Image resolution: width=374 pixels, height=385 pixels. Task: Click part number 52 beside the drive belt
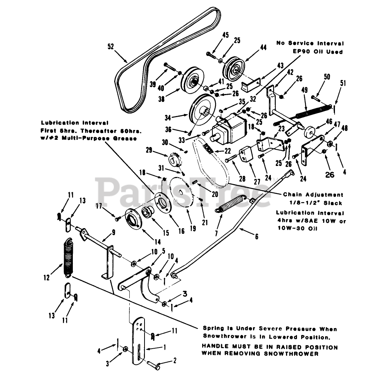[111, 46]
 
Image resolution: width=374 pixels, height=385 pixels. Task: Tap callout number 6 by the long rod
[256, 237]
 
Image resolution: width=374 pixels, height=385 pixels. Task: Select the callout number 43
[280, 65]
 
